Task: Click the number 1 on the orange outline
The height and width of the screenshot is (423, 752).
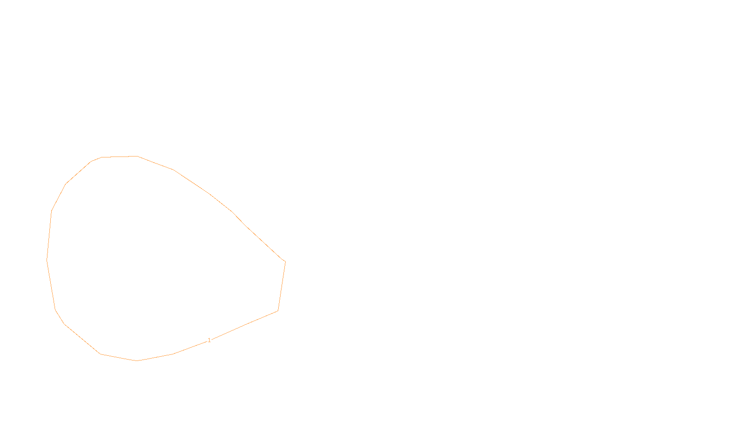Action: (x=209, y=340)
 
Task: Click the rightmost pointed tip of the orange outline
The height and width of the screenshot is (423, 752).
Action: (x=285, y=261)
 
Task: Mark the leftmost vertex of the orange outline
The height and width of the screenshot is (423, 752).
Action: (x=47, y=259)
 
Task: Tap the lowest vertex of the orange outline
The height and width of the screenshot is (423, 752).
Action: (x=137, y=360)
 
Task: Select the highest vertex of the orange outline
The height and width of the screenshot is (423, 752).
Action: (x=137, y=156)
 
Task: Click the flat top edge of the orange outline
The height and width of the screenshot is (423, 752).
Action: (x=119, y=157)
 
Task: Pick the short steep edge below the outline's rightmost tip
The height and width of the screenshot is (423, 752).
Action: (x=282, y=286)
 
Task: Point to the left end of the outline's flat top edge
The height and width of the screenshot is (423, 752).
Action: (x=102, y=157)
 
